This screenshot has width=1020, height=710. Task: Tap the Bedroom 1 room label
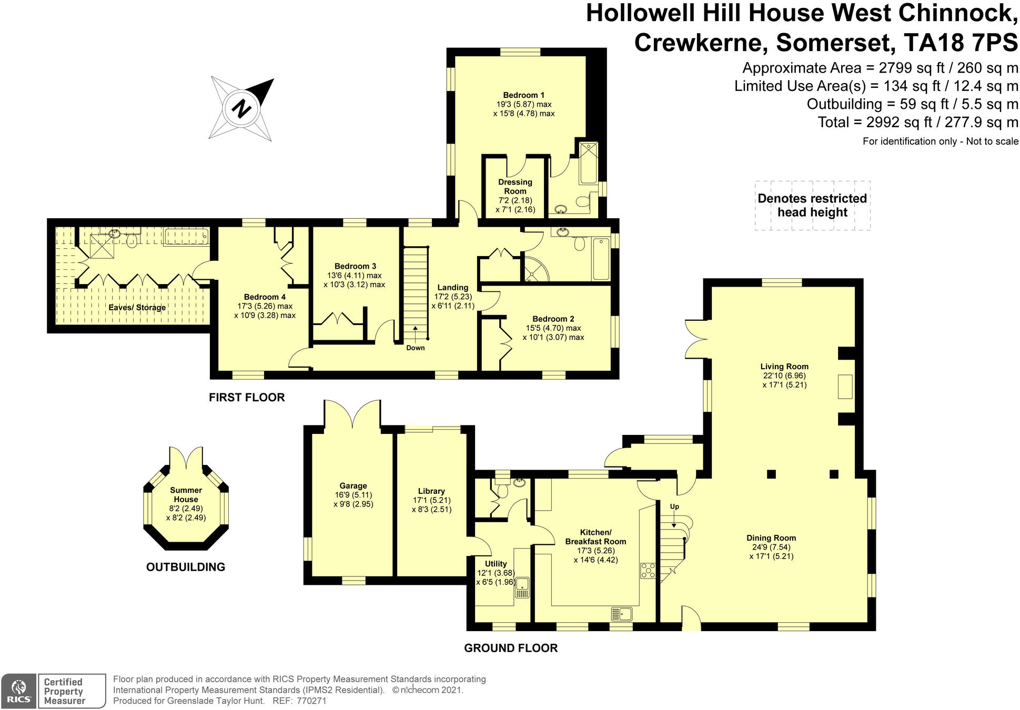[523, 95]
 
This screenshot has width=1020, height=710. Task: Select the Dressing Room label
[515, 187]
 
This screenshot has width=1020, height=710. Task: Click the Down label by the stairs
[415, 348]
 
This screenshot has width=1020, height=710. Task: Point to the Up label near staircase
[674, 506]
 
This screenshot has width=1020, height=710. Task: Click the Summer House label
[186, 495]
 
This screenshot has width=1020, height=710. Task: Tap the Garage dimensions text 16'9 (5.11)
[353, 495]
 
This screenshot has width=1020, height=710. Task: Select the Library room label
[431, 491]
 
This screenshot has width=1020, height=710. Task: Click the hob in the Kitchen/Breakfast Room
[648, 571]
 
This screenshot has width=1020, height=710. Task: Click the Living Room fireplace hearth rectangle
[845, 386]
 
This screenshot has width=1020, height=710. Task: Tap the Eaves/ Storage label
[137, 307]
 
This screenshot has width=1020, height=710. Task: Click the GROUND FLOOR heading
[510, 648]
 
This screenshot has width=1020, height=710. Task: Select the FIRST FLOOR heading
[247, 398]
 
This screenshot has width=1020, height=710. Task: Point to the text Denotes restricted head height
[812, 206]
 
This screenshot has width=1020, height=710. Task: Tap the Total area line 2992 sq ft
[918, 123]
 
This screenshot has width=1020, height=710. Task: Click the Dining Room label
[771, 537]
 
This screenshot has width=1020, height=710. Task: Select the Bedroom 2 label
[553, 319]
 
